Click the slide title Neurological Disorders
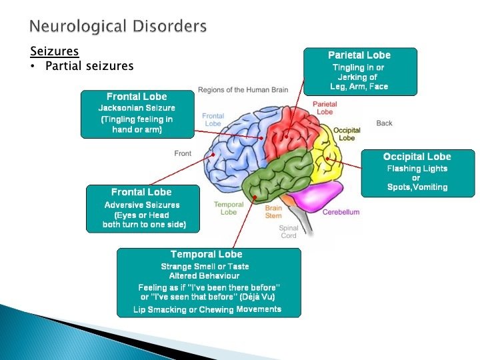tap(118, 27)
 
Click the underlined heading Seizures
tap(55, 51)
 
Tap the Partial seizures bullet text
tap(89, 66)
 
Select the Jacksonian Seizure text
tap(137, 108)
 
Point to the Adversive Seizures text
tap(142, 205)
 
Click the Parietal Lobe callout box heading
tap(359, 55)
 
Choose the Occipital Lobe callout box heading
tap(417, 157)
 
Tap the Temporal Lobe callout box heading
tap(207, 254)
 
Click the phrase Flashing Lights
tap(417, 169)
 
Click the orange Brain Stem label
tap(273, 211)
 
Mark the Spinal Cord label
tap(288, 231)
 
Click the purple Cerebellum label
tap(341, 212)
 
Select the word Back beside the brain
tap(385, 123)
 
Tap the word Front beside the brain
tap(183, 153)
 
